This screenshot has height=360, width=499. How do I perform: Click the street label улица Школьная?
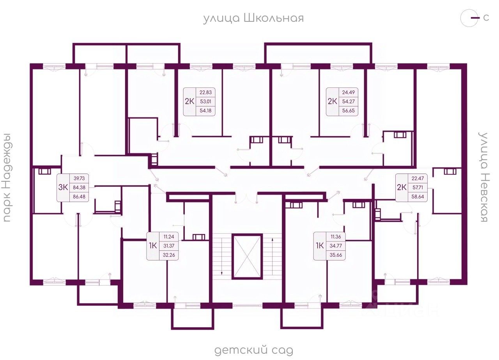253,18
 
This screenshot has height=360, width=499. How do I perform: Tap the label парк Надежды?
7,177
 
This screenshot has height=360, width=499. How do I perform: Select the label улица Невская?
484,177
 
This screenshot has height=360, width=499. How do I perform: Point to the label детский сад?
253,350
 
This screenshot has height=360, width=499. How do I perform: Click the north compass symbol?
469,18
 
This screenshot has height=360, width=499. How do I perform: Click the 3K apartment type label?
63,187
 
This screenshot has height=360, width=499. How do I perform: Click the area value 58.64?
418,197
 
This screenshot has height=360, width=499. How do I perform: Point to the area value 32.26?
169,255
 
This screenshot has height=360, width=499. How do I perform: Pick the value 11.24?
169,236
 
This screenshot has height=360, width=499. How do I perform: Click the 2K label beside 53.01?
189,102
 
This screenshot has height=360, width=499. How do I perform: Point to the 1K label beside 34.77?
320,246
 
